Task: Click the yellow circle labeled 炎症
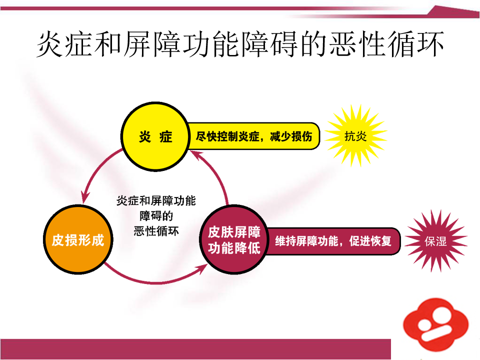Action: pos(155,136)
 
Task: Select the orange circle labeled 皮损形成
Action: pos(78,239)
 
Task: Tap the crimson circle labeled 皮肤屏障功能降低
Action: pos(234,239)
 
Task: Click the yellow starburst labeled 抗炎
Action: pos(355,136)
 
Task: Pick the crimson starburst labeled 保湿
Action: pos(435,241)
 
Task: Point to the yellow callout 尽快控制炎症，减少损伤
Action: pos(253,136)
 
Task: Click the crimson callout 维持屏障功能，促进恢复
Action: pos(333,241)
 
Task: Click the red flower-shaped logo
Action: pos(435,324)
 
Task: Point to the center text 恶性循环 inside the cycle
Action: pos(156,231)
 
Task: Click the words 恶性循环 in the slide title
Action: pos(386,44)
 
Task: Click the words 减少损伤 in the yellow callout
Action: pos(291,136)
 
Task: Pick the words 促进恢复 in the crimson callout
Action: pos(370,241)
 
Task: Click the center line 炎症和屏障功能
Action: pos(156,201)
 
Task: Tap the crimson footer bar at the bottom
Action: pos(195,349)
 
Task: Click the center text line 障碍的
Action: pos(156,216)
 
